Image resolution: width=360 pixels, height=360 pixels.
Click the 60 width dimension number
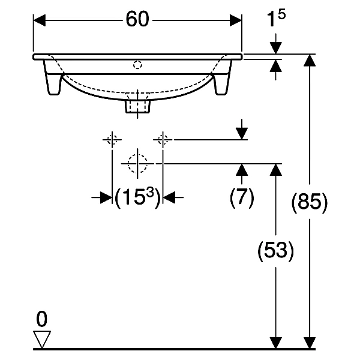(137, 19)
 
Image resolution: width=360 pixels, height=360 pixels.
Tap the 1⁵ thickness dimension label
(276, 18)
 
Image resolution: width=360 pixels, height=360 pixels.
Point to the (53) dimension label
(275, 250)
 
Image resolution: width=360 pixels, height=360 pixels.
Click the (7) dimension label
(242, 197)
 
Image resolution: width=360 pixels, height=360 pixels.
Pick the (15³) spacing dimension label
(137, 197)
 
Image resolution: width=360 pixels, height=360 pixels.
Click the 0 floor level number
(42, 319)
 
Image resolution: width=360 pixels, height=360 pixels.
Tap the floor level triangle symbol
(42, 339)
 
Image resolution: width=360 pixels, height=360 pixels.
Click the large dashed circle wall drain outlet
(137, 163)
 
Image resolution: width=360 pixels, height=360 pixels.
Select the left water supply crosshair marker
(112, 139)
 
